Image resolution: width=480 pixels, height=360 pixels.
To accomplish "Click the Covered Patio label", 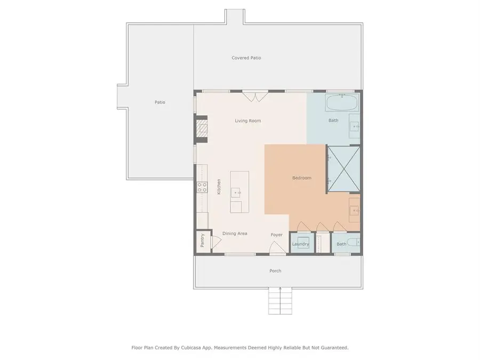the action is pyautogui.click(x=246, y=58).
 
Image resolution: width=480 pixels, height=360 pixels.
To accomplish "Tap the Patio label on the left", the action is pyautogui.click(x=160, y=102).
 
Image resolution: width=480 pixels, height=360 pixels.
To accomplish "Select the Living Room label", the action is pyautogui.click(x=247, y=121).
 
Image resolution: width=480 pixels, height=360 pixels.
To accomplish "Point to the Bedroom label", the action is pyautogui.click(x=301, y=178).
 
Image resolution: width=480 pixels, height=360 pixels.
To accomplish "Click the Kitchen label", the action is pyautogui.click(x=219, y=187).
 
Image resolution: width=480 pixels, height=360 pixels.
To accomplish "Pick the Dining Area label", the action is pyautogui.click(x=235, y=234).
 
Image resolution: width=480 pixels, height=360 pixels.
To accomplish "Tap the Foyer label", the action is pyautogui.click(x=276, y=235).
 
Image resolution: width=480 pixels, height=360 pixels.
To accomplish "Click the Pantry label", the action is pyautogui.click(x=202, y=241).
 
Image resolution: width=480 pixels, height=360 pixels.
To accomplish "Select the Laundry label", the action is pyautogui.click(x=300, y=244).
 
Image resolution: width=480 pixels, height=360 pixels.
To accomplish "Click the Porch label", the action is pyautogui.click(x=275, y=271).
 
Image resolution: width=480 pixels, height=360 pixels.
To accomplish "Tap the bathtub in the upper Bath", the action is pyautogui.click(x=342, y=103).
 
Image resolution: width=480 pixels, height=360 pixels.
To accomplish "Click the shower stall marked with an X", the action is pyautogui.click(x=344, y=169).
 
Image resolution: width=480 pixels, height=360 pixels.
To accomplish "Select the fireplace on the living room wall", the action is pyautogui.click(x=202, y=129).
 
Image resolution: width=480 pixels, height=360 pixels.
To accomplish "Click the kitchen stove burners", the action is pyautogui.click(x=202, y=187).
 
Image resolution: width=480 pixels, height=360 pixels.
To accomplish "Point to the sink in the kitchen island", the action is pyautogui.click(x=236, y=193).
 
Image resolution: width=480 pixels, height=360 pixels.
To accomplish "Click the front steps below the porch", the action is pyautogui.click(x=280, y=301).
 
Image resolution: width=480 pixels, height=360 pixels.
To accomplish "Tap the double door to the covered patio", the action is pyautogui.click(x=255, y=97).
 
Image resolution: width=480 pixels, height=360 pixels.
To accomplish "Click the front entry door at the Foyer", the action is pyautogui.click(x=278, y=247).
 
